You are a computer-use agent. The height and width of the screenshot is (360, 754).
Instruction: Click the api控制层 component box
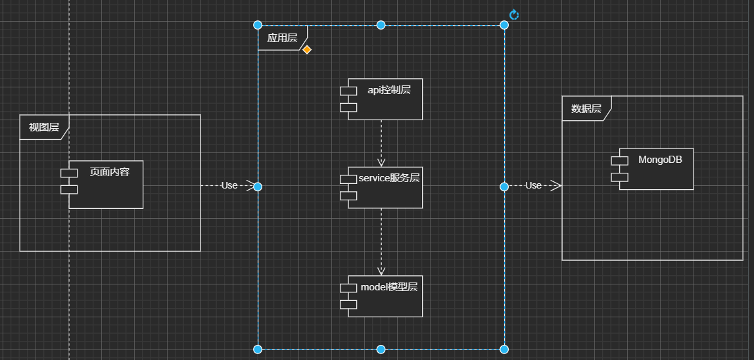[385, 99]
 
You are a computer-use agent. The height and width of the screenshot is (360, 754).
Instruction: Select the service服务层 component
[385, 187]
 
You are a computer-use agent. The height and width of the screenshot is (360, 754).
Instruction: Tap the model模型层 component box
[385, 296]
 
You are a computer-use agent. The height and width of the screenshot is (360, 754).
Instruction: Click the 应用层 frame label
[281, 38]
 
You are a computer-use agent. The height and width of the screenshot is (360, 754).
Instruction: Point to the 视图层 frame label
[43, 127]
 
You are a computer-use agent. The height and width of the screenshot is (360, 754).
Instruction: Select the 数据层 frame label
[586, 109]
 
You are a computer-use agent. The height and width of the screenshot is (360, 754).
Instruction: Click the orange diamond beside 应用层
[306, 50]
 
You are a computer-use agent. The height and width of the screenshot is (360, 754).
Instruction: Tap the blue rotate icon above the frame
[514, 14]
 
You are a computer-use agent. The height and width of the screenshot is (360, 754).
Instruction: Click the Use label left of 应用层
[229, 185]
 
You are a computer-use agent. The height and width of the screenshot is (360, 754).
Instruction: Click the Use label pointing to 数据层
[533, 185]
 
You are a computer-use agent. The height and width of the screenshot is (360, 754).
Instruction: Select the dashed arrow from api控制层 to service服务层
[381, 141]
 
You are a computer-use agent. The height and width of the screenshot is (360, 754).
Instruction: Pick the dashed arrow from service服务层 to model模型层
[381, 240]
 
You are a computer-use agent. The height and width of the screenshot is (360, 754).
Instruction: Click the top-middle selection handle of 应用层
[381, 25]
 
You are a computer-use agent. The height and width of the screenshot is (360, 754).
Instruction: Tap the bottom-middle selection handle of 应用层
[381, 348]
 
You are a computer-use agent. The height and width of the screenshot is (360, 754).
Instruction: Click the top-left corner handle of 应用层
[258, 25]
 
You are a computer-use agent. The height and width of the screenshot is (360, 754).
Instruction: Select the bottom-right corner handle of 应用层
[504, 348]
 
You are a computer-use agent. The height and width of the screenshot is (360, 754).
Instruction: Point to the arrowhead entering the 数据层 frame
[556, 186]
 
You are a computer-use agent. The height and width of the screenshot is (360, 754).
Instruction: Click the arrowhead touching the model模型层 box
[381, 271]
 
